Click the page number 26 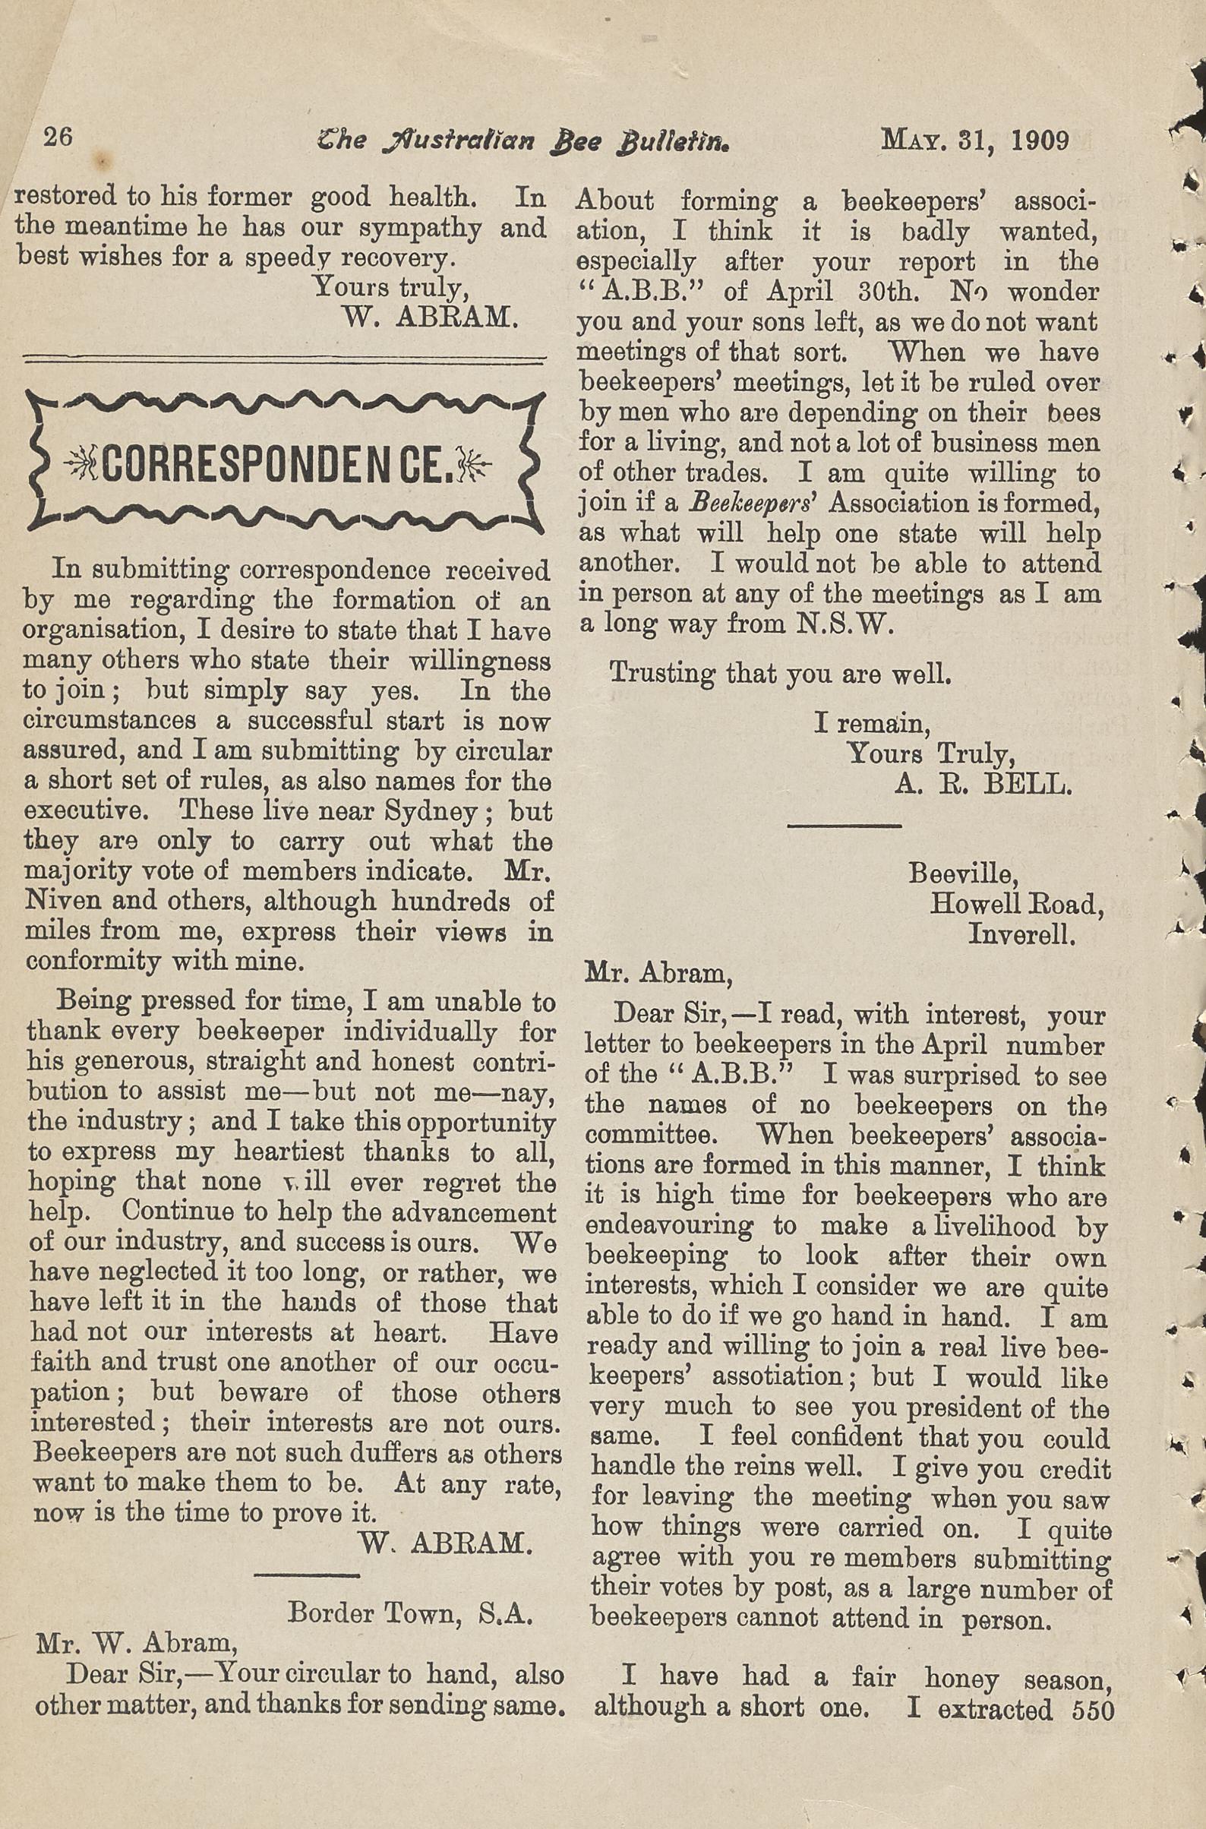click(58, 137)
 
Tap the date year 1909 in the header click(1040, 141)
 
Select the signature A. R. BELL click(982, 784)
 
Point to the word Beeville click(963, 873)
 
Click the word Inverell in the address click(1021, 933)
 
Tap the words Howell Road click(1016, 904)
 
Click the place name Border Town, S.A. click(410, 1591)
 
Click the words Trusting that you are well click(780, 674)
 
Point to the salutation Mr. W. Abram click(136, 1622)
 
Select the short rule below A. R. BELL click(844, 826)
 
